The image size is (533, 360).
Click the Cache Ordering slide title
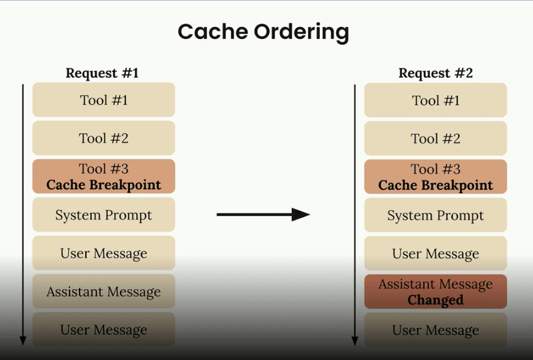263,32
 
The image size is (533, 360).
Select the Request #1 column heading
102,73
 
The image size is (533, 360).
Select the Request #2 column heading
435,73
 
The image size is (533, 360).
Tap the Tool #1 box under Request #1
103,100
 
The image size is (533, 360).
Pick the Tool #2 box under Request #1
103,138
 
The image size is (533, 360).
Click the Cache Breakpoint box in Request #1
103,176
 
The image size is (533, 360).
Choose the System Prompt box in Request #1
103,215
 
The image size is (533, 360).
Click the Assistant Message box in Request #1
103,292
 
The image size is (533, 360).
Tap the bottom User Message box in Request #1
103,329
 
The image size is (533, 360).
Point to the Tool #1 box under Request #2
435,100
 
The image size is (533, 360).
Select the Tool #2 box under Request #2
435,139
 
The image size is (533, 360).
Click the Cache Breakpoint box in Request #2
435,177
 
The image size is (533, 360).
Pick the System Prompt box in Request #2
435,215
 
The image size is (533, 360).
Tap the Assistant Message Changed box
435,292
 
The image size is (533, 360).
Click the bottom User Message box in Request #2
435,330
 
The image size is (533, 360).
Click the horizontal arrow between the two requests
263,214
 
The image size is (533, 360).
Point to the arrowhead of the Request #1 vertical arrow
23,341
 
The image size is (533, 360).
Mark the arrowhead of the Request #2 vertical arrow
354,341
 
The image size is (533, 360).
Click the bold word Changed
435,300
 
